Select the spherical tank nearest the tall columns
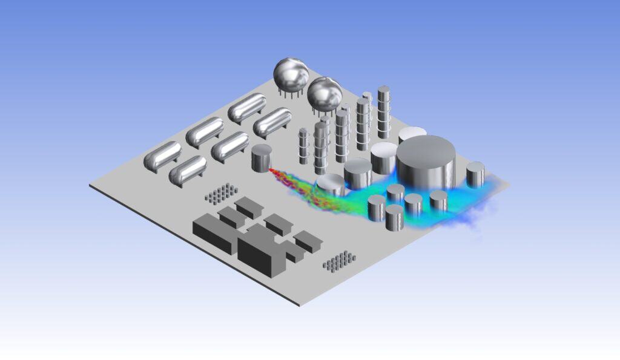(x=325, y=93)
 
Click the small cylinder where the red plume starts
(x=262, y=158)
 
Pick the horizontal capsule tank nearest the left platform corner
(x=162, y=155)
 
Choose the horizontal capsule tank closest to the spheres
(x=247, y=107)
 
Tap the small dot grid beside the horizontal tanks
(x=221, y=192)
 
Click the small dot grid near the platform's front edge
(x=339, y=261)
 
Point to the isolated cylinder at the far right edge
(x=475, y=174)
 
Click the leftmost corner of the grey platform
(x=90, y=186)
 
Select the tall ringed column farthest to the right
(x=383, y=112)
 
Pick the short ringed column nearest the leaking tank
(x=304, y=145)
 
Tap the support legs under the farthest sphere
(x=289, y=92)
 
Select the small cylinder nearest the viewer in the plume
(x=394, y=217)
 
